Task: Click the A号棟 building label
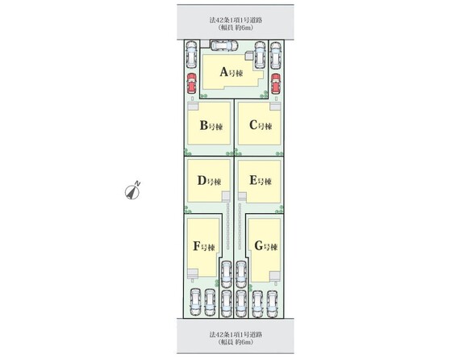point(231,72)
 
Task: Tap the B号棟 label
point(211,125)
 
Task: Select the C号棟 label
point(261,125)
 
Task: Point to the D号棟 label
point(210,181)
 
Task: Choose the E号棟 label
point(261,181)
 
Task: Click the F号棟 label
point(204,247)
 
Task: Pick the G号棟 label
point(266,246)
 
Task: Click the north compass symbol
point(132,191)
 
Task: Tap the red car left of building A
point(191,83)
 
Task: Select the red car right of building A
point(276,83)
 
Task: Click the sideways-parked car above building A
point(224,45)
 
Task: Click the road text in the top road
point(235,23)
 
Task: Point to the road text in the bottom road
point(235,338)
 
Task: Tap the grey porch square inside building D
point(226,196)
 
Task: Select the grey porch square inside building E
point(242,197)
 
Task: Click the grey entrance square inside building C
point(275,107)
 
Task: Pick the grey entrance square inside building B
point(193,107)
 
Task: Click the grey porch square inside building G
point(274,276)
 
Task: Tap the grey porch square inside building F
point(193,274)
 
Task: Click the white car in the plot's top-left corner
point(191,54)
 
